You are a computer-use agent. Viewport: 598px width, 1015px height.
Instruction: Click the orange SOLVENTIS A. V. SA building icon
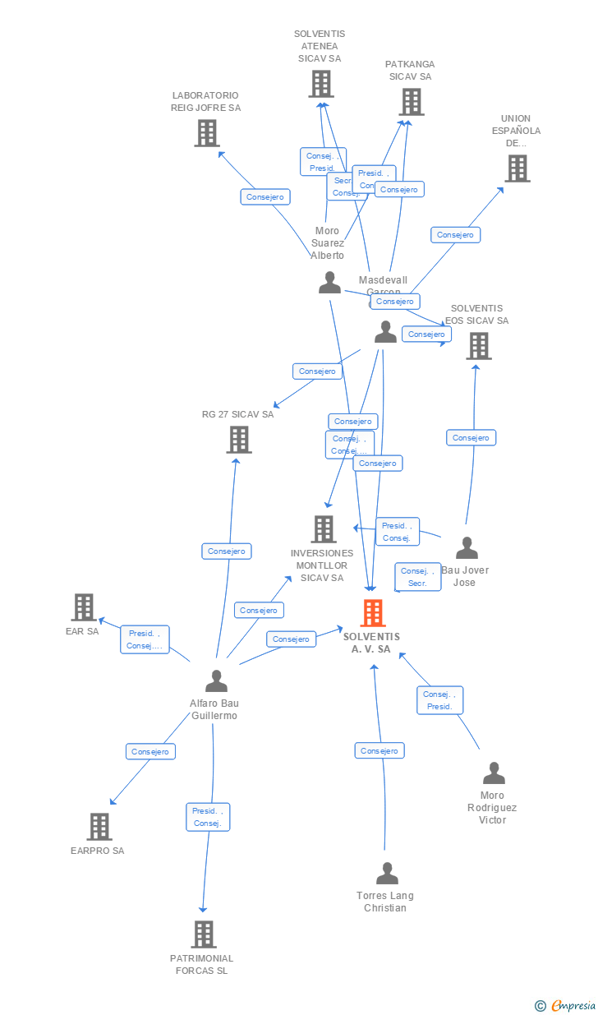(x=373, y=613)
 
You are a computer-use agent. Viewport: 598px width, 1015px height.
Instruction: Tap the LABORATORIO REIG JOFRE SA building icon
(x=207, y=132)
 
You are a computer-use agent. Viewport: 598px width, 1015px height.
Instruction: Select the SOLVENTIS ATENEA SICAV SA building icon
(x=321, y=84)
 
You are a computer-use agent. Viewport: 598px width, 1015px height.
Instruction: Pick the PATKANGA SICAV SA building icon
(x=412, y=102)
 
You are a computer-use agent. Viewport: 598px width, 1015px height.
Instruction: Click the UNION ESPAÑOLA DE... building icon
(x=517, y=168)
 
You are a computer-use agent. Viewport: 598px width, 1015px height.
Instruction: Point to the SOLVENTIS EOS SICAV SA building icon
(x=479, y=346)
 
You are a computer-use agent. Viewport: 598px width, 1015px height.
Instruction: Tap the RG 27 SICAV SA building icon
(x=239, y=440)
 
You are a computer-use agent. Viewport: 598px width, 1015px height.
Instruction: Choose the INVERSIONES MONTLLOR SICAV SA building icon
(x=324, y=529)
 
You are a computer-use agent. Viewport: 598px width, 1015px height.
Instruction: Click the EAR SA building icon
(x=84, y=607)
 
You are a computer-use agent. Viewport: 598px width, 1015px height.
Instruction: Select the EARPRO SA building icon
(x=99, y=827)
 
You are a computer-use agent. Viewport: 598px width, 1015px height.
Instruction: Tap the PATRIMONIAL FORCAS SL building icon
(x=204, y=934)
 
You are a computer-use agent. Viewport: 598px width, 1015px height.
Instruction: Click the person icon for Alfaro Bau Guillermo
(x=216, y=681)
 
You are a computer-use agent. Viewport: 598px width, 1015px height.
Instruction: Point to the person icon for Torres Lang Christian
(x=387, y=874)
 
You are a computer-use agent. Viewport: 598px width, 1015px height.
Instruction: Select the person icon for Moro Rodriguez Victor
(x=494, y=773)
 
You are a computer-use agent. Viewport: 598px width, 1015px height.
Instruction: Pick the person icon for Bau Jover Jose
(x=467, y=548)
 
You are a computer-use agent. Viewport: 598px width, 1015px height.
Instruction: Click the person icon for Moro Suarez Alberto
(x=329, y=283)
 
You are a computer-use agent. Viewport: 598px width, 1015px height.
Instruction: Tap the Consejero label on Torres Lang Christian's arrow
(x=379, y=750)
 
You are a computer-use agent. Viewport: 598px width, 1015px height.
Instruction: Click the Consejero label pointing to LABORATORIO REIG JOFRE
(x=265, y=197)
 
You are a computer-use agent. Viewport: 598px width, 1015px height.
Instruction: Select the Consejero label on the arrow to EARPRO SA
(x=150, y=751)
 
